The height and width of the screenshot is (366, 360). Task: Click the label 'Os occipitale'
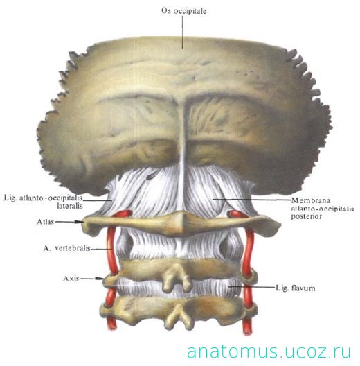[183, 11]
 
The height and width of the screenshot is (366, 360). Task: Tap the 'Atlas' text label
[45, 222]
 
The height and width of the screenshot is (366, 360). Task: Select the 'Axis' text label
[71, 278]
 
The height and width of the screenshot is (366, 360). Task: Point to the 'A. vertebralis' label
[67, 248]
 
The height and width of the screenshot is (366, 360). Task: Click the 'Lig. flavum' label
[295, 288]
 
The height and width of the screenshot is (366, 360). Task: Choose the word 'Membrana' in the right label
[311, 200]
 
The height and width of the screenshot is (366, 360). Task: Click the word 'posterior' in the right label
[306, 216]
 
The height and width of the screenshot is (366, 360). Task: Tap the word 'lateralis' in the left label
[70, 206]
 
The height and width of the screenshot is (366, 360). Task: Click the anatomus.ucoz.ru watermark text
[269, 351]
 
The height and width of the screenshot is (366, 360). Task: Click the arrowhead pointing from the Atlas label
[80, 222]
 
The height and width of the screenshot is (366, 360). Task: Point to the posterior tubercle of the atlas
[183, 222]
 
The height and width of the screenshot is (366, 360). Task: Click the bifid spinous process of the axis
[177, 279]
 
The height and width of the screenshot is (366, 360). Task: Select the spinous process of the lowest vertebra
[179, 316]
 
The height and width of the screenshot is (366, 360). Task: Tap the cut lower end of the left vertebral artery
[111, 326]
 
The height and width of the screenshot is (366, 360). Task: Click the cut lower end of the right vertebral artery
[247, 331]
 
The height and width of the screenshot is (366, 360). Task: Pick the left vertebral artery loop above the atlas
[123, 214]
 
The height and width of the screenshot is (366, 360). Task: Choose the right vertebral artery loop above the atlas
[236, 214]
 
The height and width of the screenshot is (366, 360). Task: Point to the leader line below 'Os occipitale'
[182, 32]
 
